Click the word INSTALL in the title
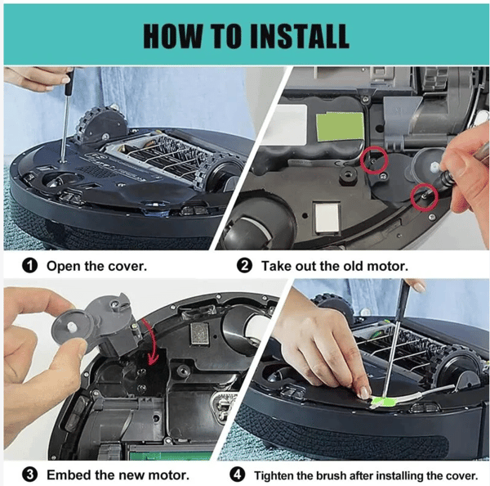point(300,36)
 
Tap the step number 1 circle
point(29,266)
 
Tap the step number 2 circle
point(244,266)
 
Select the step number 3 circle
point(29,475)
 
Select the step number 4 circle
point(237,475)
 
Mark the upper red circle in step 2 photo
point(374,160)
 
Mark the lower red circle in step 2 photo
point(424,197)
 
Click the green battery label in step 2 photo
point(340,127)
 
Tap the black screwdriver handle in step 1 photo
point(69,83)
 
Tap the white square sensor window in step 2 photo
point(327,218)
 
